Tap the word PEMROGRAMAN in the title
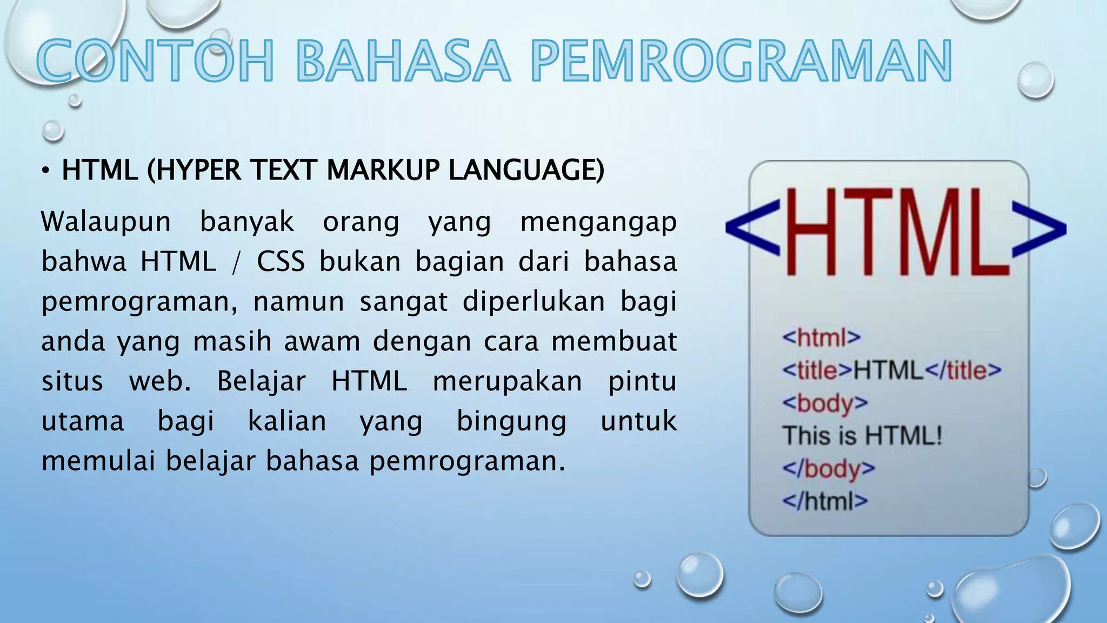coord(741,61)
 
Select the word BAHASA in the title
coord(403,61)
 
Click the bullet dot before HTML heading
coord(46,171)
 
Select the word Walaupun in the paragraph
coord(106,222)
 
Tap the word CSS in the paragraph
coord(281,262)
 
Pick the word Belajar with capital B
coord(261,381)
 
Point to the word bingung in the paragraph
coord(511,422)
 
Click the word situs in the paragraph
coord(72,381)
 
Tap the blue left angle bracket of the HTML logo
coord(753,227)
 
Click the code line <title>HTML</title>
coord(891,370)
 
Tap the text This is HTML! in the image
coord(862,436)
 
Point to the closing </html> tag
coord(824,501)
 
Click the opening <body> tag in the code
coord(824,403)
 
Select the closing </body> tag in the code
coord(828,468)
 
